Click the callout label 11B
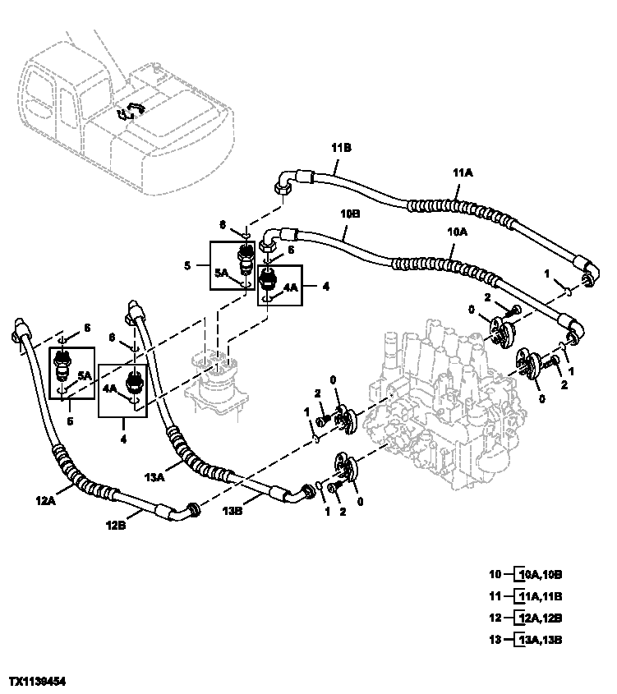pyautogui.click(x=342, y=148)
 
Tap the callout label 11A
pyautogui.click(x=463, y=173)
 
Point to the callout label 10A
pyautogui.click(x=457, y=232)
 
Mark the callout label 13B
pyautogui.click(x=234, y=510)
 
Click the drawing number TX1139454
pyautogui.click(x=37, y=683)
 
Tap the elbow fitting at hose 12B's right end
pyautogui.click(x=185, y=511)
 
